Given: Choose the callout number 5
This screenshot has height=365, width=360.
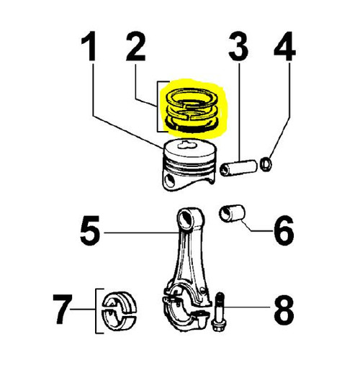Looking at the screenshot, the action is point(90,230).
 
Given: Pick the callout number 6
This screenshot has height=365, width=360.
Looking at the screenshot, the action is point(284,230).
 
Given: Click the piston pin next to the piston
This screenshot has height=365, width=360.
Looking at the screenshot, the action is point(238,168).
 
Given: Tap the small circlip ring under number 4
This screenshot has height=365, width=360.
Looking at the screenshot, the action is point(266,164).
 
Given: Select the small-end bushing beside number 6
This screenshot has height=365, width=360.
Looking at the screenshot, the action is point(232,213).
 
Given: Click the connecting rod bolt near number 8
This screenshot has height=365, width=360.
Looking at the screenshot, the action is point(218,311).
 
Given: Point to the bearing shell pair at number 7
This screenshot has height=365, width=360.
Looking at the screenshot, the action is point(120,310).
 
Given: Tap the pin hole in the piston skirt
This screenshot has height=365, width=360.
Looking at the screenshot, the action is point(170,180).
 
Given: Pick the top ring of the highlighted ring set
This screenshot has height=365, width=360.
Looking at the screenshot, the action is point(192,98).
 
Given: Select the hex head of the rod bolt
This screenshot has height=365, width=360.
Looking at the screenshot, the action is point(218,325).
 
